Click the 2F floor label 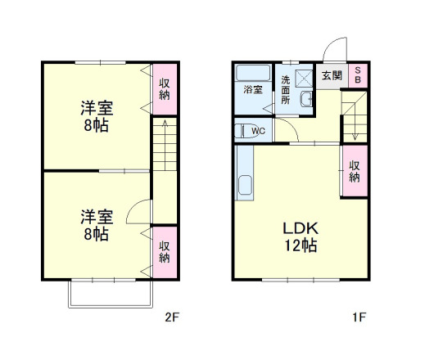point(171,316)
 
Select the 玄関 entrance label point(332,75)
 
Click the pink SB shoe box point(358,75)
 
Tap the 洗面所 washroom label point(285,91)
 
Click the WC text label point(259,130)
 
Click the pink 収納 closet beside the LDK point(355,171)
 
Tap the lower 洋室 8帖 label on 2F point(96,224)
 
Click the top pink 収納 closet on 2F point(165,88)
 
